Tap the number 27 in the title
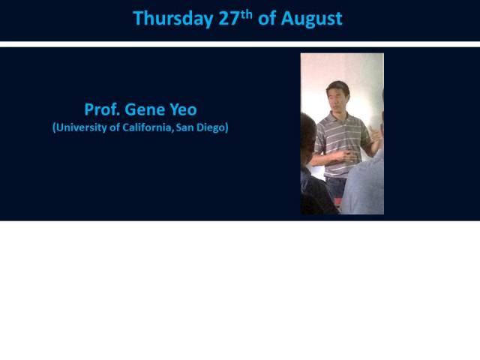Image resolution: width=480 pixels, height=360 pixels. click(229, 19)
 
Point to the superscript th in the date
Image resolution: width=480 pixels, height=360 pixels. click(247, 13)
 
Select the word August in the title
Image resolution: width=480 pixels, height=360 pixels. click(311, 19)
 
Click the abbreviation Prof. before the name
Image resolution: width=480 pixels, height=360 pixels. click(100, 109)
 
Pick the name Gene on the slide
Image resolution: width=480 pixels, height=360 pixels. click(146, 109)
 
